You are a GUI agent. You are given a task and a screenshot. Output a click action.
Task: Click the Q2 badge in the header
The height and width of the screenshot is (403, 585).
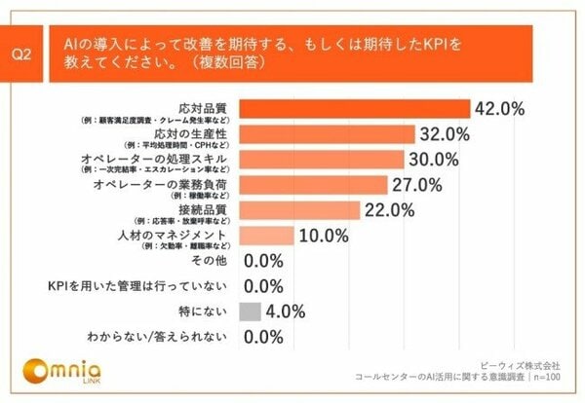tap(29, 55)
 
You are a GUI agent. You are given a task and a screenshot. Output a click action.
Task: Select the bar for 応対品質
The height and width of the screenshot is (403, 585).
tap(354, 108)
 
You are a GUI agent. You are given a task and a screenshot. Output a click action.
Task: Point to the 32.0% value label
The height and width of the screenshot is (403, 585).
tap(448, 133)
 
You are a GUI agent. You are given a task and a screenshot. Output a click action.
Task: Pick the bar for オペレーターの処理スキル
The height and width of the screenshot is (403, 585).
tap(321, 159)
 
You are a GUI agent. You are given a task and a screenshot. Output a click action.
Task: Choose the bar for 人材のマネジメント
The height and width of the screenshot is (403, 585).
tap(266, 235)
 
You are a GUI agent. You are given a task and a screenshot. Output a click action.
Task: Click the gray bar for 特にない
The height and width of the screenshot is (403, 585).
tap(250, 311)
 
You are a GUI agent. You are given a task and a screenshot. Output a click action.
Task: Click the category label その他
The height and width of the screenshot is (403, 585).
tap(211, 261)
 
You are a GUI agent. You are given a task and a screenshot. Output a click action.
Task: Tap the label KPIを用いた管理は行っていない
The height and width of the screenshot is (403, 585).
tap(138, 286)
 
